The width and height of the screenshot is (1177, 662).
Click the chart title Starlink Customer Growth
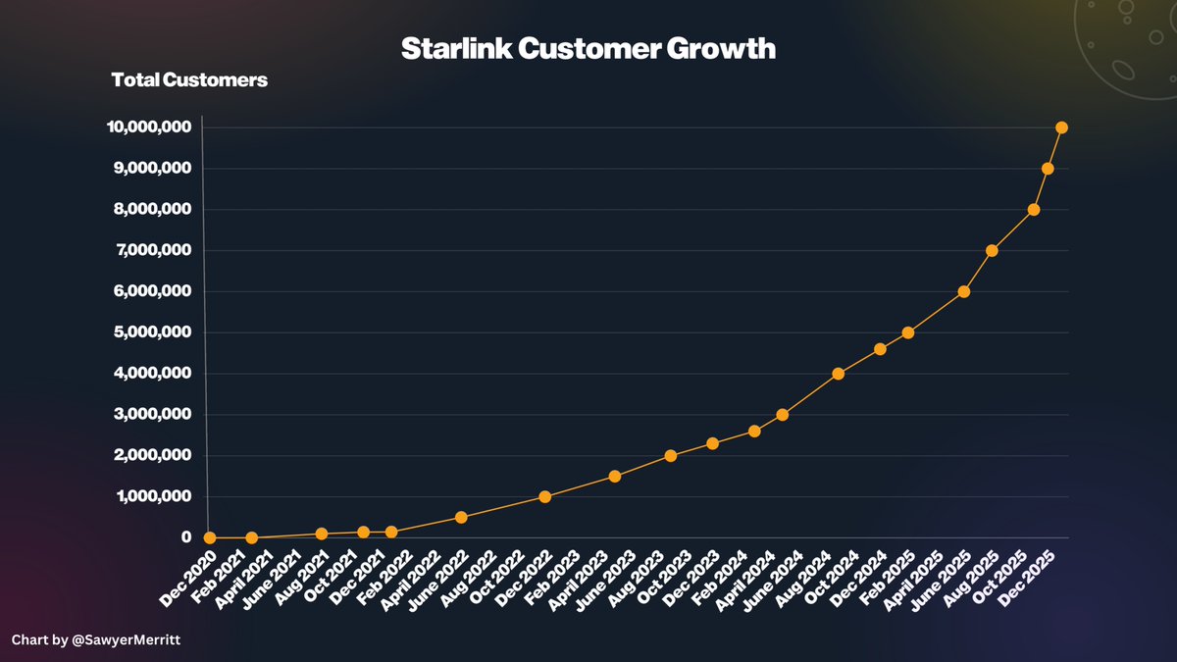(588, 49)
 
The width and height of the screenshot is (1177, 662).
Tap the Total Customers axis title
(189, 80)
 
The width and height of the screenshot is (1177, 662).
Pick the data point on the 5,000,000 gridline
(908, 332)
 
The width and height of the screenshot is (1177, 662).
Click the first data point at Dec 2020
(209, 537)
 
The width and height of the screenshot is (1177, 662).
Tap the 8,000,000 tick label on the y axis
(149, 209)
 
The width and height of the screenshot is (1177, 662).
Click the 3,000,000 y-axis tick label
(149, 415)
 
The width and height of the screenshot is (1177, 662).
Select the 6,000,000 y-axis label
(149, 291)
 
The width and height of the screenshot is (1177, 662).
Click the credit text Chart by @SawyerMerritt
(87, 639)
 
